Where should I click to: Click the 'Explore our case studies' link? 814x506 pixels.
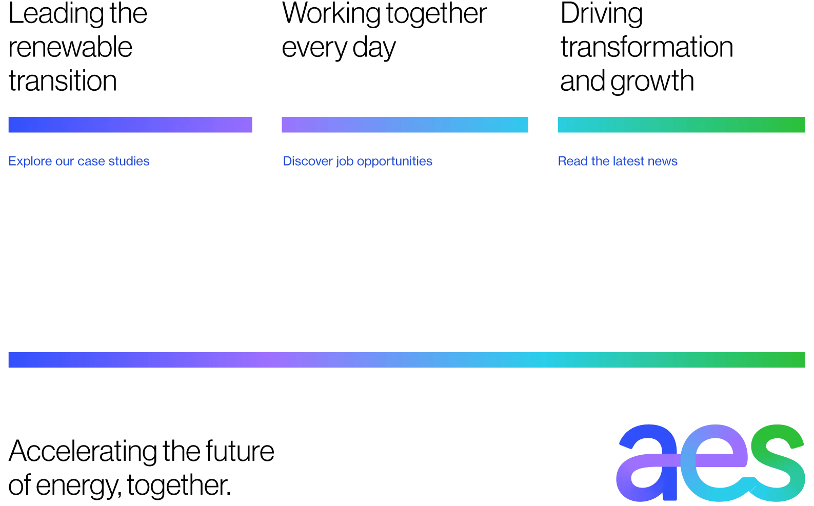pos(79,161)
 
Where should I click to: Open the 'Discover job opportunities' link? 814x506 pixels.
pos(358,161)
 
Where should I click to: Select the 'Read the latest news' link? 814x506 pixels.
pos(618,161)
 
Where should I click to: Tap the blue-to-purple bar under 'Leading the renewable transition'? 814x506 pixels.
pos(130,125)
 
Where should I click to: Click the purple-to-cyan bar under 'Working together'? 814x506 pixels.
pos(405,125)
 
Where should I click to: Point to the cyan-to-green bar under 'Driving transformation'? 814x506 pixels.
pos(681,125)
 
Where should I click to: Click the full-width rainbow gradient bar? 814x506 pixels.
pos(407,359)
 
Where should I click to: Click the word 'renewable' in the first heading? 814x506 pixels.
pos(70,47)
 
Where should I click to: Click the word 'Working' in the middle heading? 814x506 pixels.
pos(331,14)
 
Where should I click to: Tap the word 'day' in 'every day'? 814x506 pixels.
pos(374,49)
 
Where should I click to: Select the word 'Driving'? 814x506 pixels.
pos(602,14)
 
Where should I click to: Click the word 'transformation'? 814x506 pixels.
pos(647,47)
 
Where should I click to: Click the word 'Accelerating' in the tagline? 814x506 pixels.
pos(83,452)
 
